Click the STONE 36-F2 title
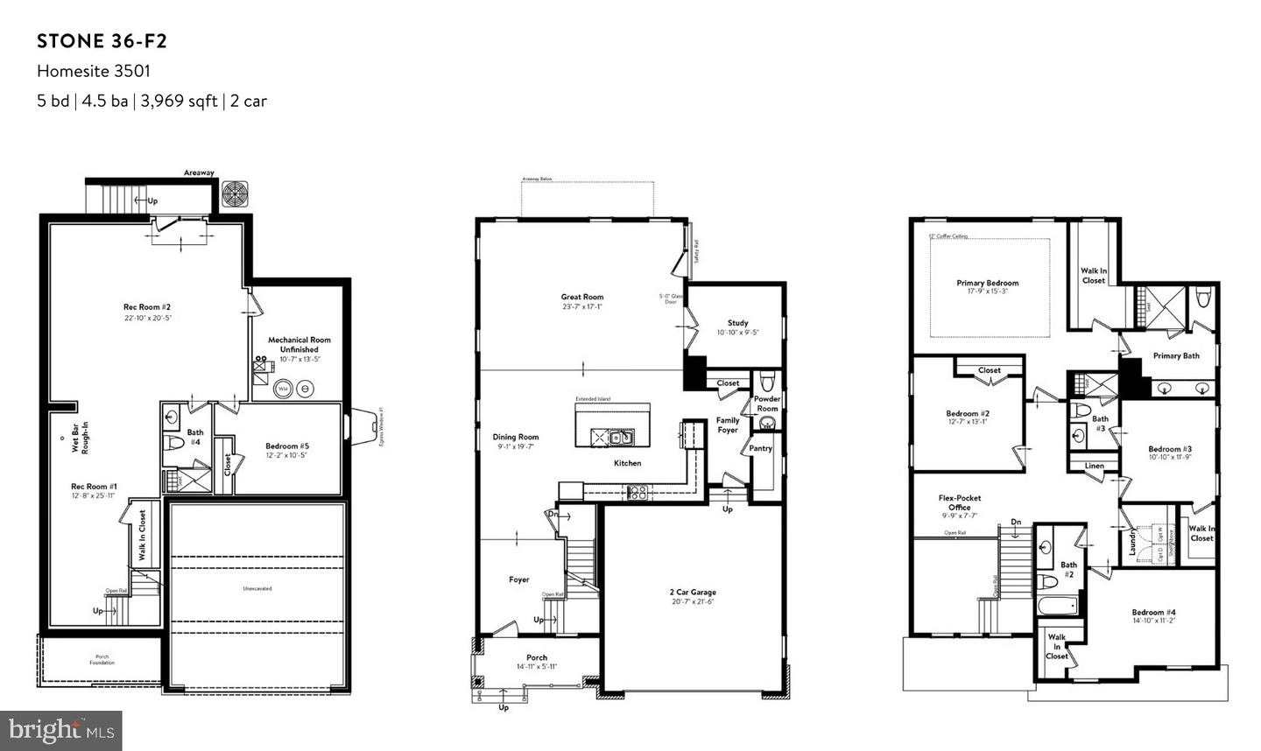point(102,41)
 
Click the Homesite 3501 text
point(87,71)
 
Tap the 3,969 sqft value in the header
point(179,101)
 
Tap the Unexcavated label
point(257,589)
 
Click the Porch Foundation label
point(102,660)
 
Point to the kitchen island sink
point(622,436)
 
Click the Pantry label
point(760,448)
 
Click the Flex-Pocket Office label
point(959,502)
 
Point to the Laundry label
point(1132,541)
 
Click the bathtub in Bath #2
point(1056,606)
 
